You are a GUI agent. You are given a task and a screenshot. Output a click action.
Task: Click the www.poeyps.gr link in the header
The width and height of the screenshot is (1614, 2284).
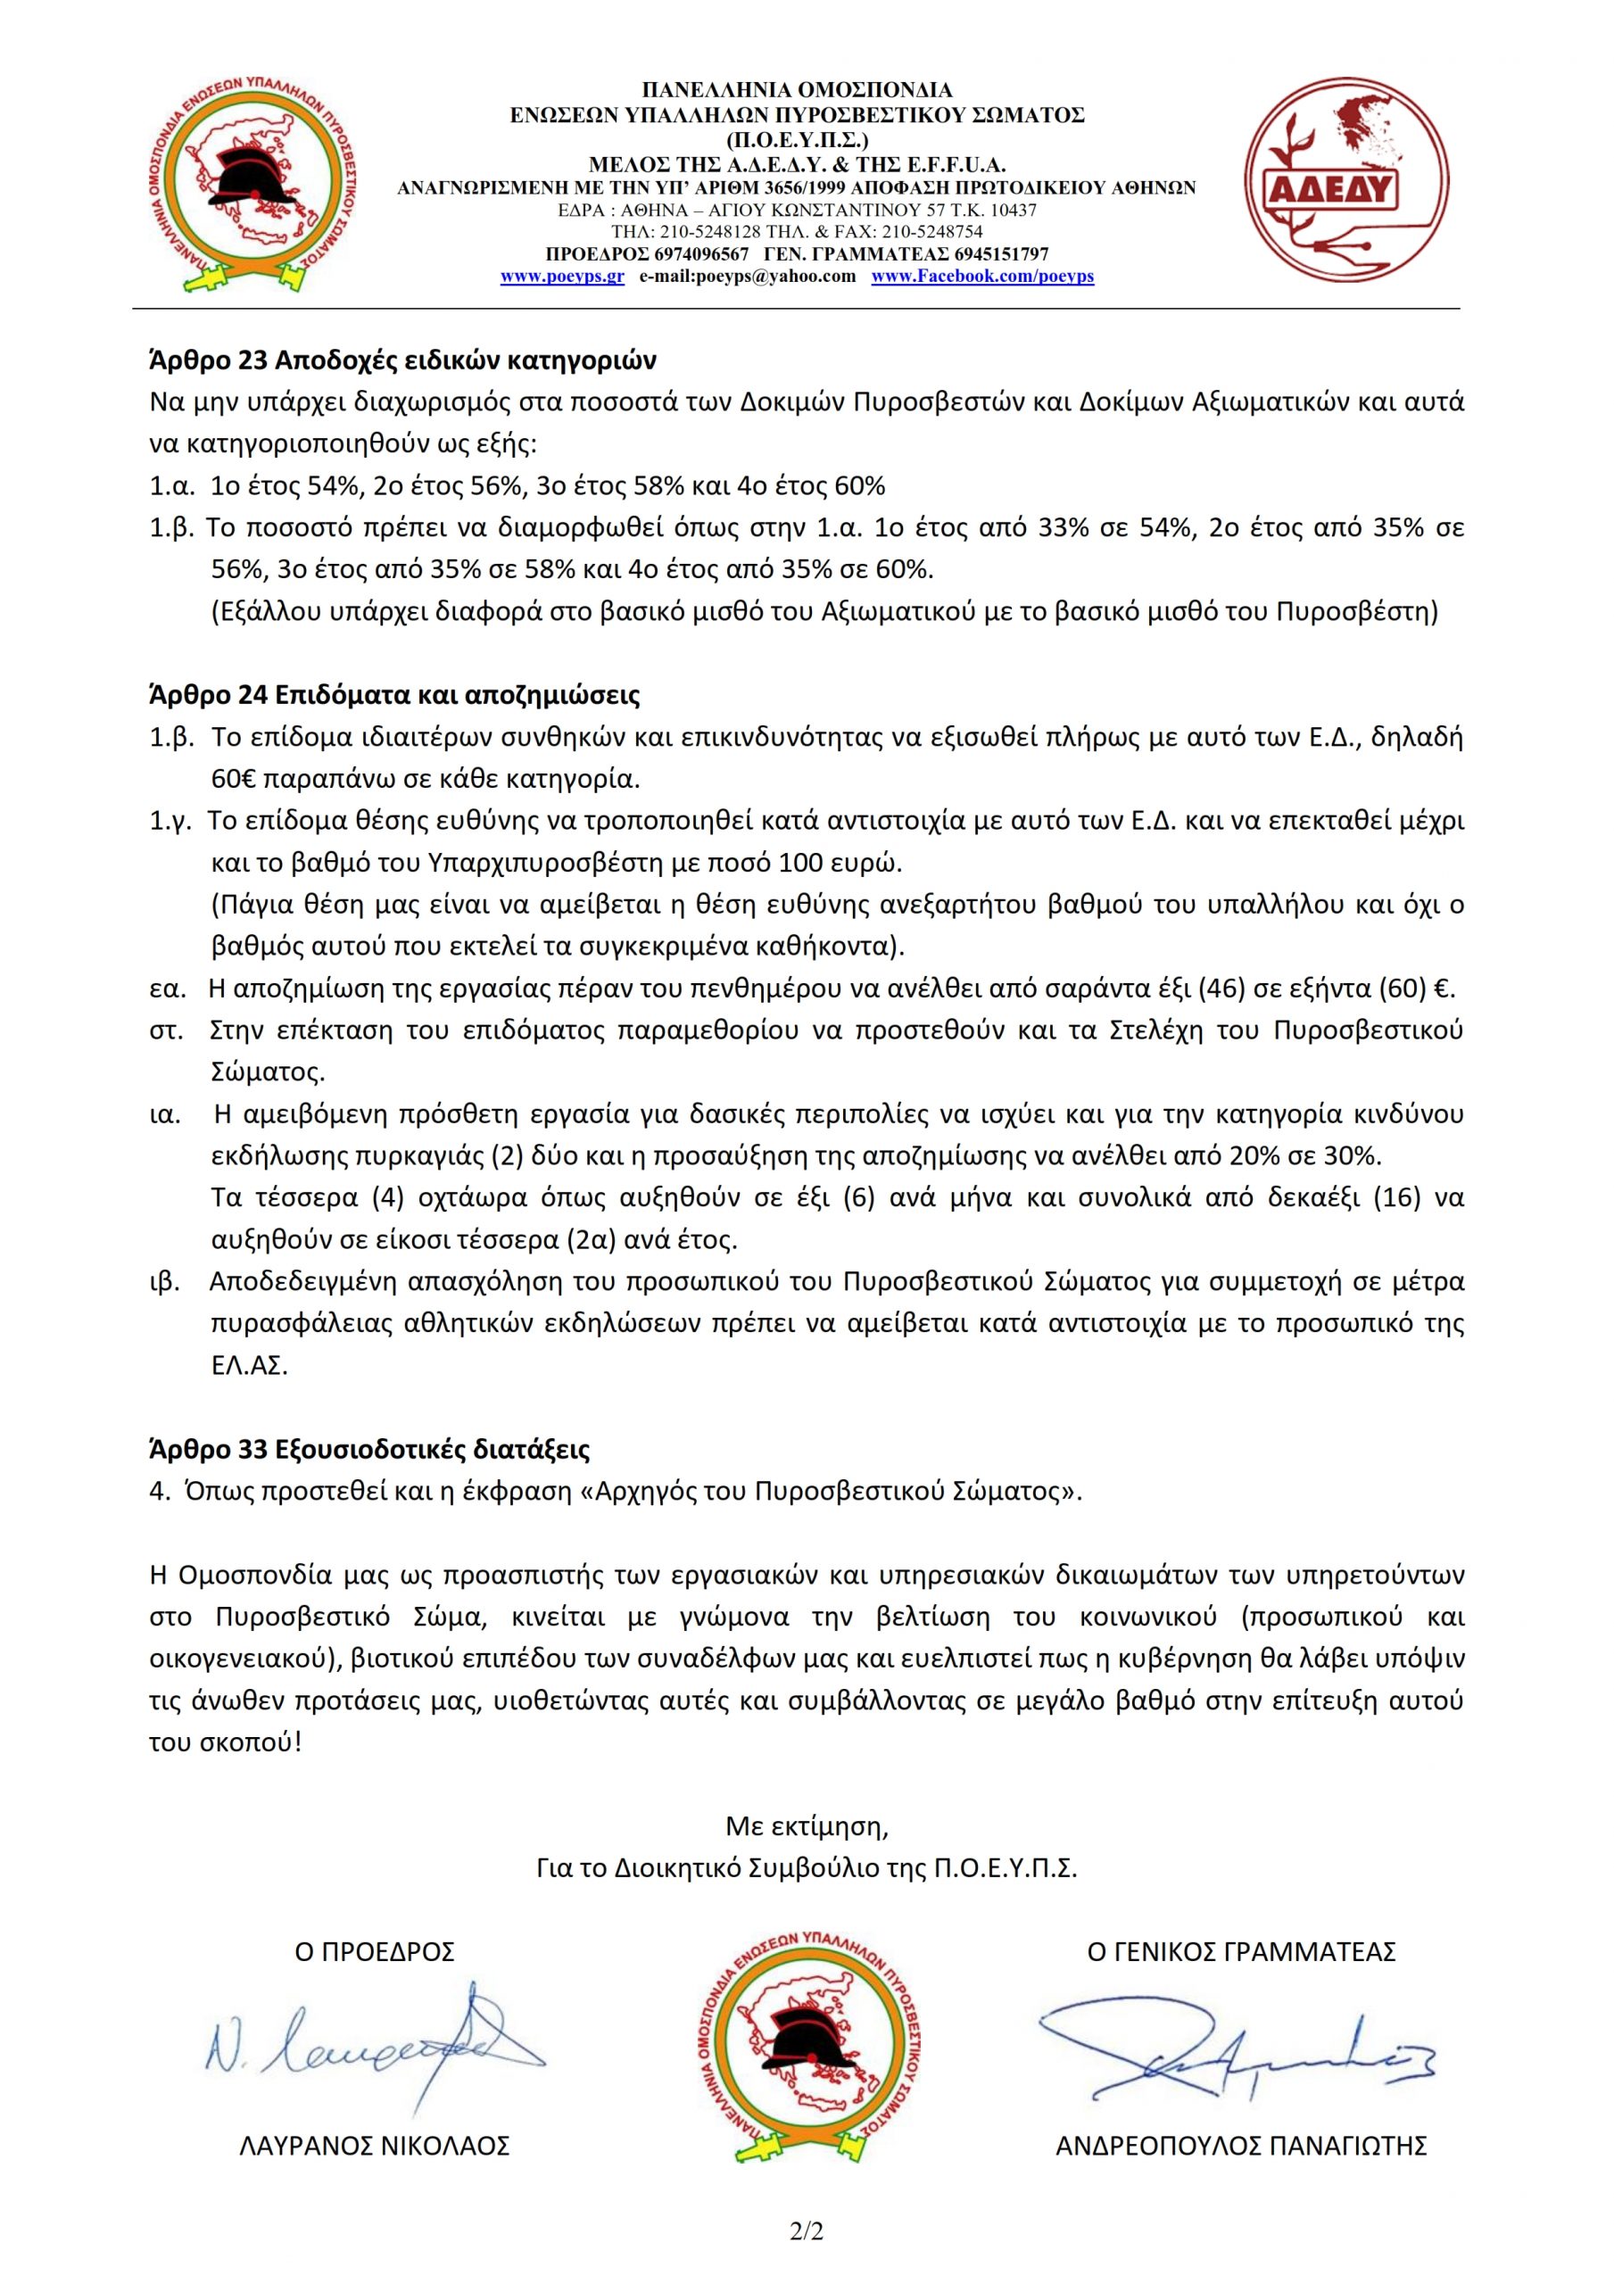[561, 277]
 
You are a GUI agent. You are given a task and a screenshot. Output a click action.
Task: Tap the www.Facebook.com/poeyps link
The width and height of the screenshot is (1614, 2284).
[982, 277]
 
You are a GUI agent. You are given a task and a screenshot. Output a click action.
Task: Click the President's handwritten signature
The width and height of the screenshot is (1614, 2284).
[373, 2039]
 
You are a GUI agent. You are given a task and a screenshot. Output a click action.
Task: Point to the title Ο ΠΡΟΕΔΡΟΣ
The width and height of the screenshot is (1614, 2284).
[375, 1952]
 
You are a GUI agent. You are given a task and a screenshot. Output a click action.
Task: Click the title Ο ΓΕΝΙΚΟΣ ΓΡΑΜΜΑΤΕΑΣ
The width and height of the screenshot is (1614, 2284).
[1241, 1952]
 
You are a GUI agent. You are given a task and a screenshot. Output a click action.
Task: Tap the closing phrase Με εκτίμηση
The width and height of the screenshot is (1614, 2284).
[806, 1826]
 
